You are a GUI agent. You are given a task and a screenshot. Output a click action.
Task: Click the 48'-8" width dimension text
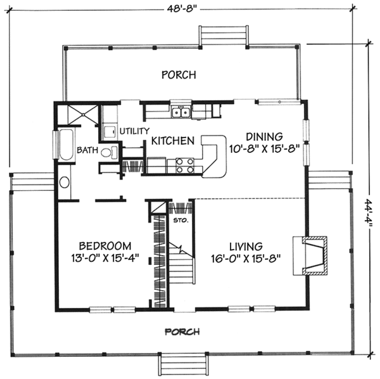[x=182, y=9]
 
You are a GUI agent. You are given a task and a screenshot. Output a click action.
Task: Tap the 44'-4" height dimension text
[x=369, y=212]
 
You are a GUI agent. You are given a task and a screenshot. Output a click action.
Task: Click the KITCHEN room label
[x=173, y=141]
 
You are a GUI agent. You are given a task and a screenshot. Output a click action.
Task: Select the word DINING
[x=264, y=137]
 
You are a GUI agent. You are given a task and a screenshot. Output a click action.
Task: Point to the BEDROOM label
[x=105, y=246]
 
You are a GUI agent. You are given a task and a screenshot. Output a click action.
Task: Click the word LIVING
[x=246, y=247]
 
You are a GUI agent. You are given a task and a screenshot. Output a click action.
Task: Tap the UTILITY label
[x=135, y=131]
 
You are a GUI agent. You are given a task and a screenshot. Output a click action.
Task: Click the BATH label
[x=87, y=150]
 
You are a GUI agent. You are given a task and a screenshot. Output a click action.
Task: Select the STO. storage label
[x=180, y=221]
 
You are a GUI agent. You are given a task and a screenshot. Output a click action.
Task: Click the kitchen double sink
[x=180, y=113]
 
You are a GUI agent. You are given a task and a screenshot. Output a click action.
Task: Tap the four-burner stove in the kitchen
[x=185, y=165]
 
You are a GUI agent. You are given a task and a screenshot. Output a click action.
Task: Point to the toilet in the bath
[x=109, y=152]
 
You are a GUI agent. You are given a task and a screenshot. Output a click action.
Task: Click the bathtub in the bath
[x=66, y=145]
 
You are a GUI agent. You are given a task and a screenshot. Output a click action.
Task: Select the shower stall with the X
[x=83, y=115]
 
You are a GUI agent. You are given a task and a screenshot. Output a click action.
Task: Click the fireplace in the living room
[x=310, y=256]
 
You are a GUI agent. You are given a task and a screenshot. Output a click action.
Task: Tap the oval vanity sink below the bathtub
[x=65, y=182]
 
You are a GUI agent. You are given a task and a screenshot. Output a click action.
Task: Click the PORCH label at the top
[x=179, y=75]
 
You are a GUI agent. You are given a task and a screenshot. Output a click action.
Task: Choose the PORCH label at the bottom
[x=182, y=331]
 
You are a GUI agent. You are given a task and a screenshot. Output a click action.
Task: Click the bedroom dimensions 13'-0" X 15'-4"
[x=105, y=258]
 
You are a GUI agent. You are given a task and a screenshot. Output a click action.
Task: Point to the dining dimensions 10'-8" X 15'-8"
[x=264, y=149]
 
